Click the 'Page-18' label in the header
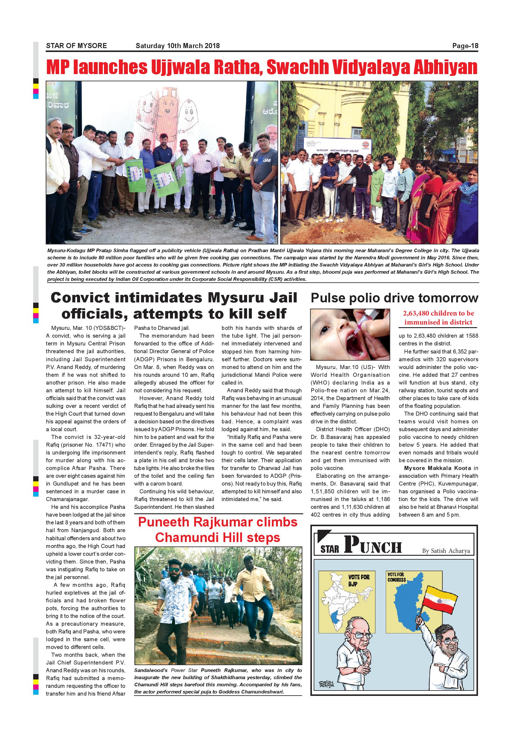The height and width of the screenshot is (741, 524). [x=465, y=46]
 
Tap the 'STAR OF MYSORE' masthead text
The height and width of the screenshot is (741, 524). [x=76, y=46]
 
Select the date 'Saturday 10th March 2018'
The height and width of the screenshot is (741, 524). [x=177, y=46]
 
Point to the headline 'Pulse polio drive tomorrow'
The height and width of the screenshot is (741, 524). [x=394, y=298]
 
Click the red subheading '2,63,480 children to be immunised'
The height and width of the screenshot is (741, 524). [x=438, y=318]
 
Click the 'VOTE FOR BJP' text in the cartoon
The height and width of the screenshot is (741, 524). [x=358, y=580]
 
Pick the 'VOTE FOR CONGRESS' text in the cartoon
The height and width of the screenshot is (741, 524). [x=396, y=577]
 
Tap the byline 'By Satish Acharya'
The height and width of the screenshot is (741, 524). [x=446, y=551]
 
